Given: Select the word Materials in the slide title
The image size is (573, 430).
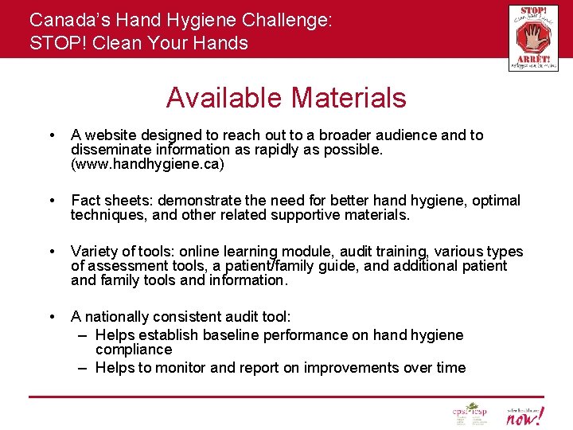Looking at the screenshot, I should (x=349, y=98).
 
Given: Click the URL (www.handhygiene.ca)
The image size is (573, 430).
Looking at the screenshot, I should (x=147, y=164).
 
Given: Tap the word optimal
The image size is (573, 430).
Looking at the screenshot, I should (x=494, y=201).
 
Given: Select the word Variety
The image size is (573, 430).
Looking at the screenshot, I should (x=93, y=252).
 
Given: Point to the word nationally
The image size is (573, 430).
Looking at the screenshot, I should (x=115, y=317).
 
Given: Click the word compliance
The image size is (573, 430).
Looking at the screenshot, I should (x=134, y=350).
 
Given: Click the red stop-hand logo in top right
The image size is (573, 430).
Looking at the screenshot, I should (x=532, y=37).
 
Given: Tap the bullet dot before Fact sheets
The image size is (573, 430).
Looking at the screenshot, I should (x=51, y=201).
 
